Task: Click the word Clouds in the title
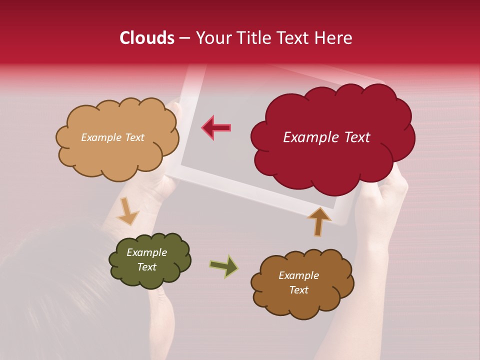pos(147,38)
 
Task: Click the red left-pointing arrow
pos(216,127)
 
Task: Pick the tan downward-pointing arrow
pos(128,210)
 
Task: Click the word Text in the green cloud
pos(146,267)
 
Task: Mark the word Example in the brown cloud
pos(298,275)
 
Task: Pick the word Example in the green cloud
pos(146,252)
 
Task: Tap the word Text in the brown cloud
pos(298,290)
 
